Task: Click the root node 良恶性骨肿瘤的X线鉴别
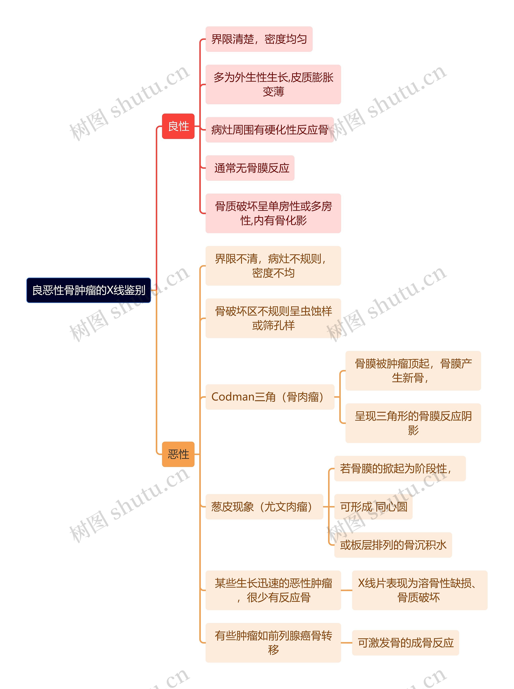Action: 89,290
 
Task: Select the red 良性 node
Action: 178,126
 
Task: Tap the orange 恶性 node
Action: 178,454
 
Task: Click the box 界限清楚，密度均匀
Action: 259,39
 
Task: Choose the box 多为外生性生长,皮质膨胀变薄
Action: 273,84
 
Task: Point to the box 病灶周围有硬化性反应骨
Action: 269,130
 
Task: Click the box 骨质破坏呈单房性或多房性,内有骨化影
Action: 273,213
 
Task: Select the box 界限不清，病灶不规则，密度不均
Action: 273,266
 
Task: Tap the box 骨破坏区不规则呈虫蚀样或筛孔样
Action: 273,318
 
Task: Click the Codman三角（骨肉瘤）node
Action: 270,397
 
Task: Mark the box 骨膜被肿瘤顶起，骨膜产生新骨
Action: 413,371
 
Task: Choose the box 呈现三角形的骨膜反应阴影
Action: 413,423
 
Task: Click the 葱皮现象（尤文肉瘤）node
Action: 264,507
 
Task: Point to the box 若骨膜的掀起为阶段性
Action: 400,469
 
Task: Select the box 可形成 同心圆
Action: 373,507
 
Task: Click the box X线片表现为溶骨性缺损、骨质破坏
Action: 419,590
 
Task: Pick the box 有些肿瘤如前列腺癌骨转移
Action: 273,643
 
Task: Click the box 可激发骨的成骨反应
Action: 405,643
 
